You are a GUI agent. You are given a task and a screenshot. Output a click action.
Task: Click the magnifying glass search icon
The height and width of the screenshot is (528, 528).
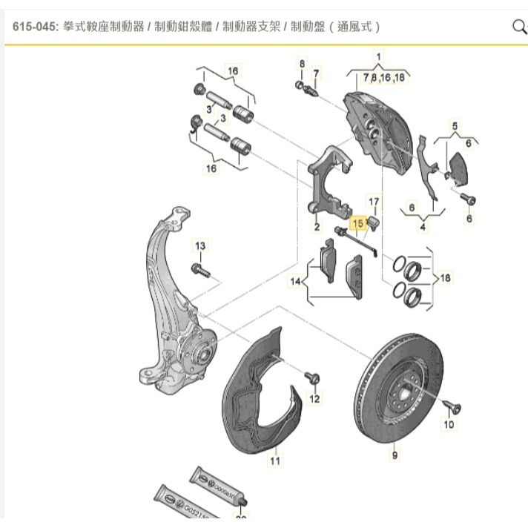tap(518, 27)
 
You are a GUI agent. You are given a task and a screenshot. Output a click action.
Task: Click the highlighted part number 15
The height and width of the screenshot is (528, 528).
tap(358, 222)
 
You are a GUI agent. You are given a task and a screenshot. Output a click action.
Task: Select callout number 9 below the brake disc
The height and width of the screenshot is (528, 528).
tap(395, 455)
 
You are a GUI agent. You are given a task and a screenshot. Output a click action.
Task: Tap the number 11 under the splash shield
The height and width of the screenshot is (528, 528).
tap(275, 461)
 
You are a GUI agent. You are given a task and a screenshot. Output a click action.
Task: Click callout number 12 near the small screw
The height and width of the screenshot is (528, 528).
tap(314, 399)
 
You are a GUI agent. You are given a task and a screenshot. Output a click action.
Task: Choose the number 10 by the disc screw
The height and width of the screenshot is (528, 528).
tap(448, 425)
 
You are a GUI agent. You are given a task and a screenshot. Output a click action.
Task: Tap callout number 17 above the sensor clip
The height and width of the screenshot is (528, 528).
tap(374, 202)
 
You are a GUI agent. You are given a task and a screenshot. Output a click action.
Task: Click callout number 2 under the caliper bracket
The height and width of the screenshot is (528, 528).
tap(317, 228)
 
